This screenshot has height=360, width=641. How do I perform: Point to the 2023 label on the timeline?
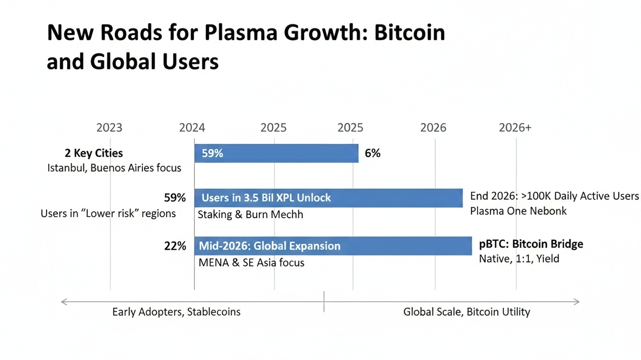(x=109, y=128)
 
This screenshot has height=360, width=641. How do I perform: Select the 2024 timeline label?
(x=192, y=128)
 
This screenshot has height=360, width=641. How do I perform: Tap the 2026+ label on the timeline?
(x=515, y=128)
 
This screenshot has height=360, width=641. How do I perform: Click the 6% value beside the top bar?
(x=372, y=153)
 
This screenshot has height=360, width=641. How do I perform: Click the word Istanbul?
(x=67, y=168)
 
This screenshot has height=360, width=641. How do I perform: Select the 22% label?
(x=175, y=246)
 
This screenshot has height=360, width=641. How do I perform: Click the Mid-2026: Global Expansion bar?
(x=332, y=246)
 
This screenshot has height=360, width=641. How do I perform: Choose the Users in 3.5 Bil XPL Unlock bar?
(x=328, y=198)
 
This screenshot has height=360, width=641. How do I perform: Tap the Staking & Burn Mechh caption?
(x=250, y=214)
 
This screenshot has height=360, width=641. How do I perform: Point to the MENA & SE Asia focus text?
(x=251, y=263)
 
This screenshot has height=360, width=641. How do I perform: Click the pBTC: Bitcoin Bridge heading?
(x=531, y=244)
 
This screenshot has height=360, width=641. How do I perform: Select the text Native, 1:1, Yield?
(x=519, y=259)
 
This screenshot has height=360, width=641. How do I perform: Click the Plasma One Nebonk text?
(x=518, y=211)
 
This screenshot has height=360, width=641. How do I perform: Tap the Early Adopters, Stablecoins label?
(x=176, y=312)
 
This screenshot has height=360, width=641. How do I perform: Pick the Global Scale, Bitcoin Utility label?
(x=467, y=312)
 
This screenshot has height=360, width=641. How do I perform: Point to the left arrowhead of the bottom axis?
(x=63, y=301)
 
